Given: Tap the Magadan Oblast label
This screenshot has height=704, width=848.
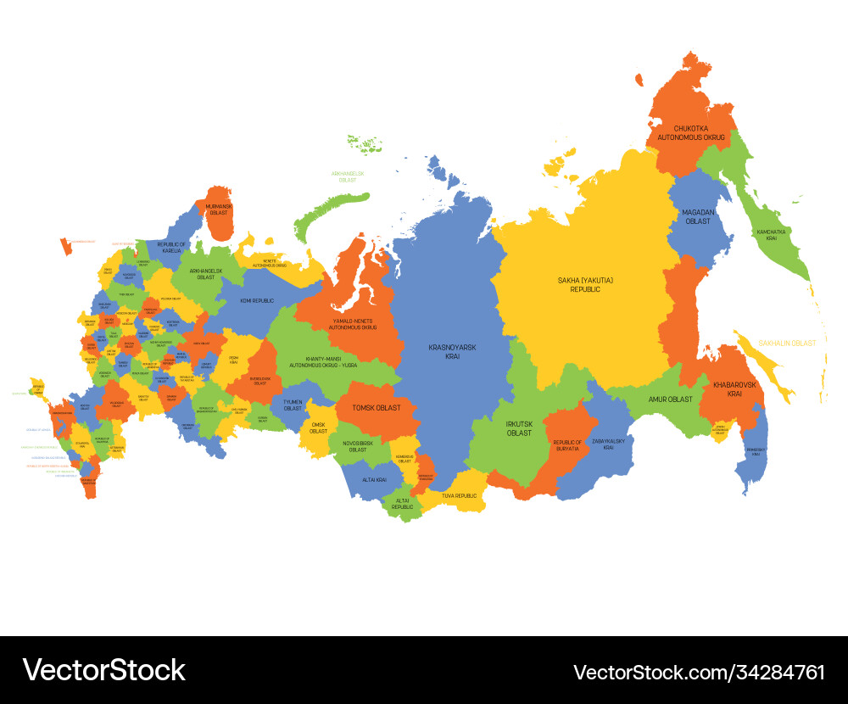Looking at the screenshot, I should (x=698, y=216).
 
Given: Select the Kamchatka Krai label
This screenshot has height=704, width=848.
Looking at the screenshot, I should (x=771, y=235).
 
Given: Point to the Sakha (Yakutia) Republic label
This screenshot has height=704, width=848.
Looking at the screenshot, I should (x=585, y=284).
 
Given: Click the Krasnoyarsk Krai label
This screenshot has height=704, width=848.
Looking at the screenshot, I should (x=452, y=351).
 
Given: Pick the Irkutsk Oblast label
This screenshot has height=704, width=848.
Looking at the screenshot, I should (x=519, y=427).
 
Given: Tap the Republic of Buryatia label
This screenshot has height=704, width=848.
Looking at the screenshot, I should (x=567, y=445).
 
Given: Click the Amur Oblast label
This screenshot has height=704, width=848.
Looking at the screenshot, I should (x=671, y=399).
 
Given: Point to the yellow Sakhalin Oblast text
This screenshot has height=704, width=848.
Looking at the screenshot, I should (x=787, y=344).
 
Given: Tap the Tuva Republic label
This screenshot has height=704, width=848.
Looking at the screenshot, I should (x=459, y=495).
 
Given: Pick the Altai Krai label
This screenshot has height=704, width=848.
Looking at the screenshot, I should (x=374, y=479).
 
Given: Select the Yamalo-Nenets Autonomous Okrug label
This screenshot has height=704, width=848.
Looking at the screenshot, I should (x=353, y=323).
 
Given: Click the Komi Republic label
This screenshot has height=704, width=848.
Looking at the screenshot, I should (x=256, y=300).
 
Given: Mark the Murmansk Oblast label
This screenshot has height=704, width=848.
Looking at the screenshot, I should (x=219, y=209).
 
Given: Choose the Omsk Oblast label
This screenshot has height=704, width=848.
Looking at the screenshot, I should (x=318, y=427).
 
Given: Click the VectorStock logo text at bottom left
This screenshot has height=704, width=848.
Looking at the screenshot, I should (x=103, y=670).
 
